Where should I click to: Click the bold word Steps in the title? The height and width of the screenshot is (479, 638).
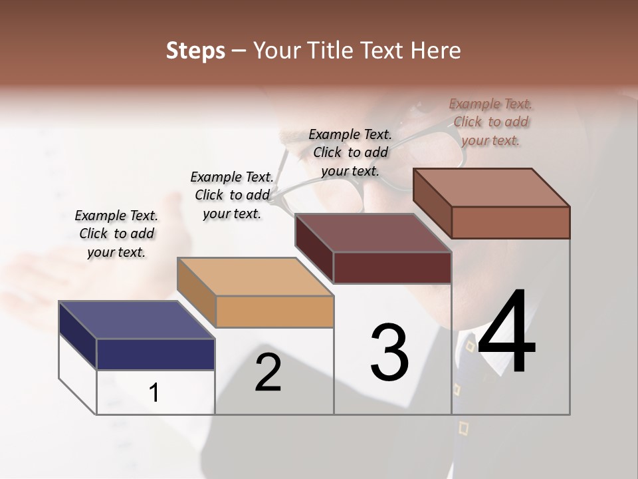[x=195, y=51]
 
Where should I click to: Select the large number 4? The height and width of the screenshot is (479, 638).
[x=506, y=333]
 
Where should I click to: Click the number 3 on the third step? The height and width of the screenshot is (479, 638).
[x=389, y=353]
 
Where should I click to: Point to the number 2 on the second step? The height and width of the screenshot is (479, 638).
[x=268, y=373]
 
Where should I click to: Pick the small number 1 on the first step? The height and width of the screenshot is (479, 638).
[x=154, y=393]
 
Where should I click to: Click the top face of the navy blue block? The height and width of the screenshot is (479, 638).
[x=136, y=320]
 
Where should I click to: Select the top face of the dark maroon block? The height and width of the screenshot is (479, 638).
[x=373, y=233]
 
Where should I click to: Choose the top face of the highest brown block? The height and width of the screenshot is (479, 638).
[x=492, y=188]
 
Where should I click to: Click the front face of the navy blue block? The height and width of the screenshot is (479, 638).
[x=156, y=354]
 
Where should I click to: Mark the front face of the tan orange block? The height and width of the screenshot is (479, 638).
[x=274, y=311]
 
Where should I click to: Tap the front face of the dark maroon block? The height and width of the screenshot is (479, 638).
[x=392, y=267]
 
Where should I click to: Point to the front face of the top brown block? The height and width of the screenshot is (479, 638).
[x=510, y=222]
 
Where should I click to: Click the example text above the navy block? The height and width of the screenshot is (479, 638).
[x=116, y=234]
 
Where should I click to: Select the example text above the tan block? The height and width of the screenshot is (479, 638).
[x=232, y=195]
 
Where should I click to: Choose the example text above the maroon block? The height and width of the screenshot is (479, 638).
[x=350, y=152]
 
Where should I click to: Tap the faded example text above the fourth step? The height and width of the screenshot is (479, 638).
[x=490, y=122]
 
